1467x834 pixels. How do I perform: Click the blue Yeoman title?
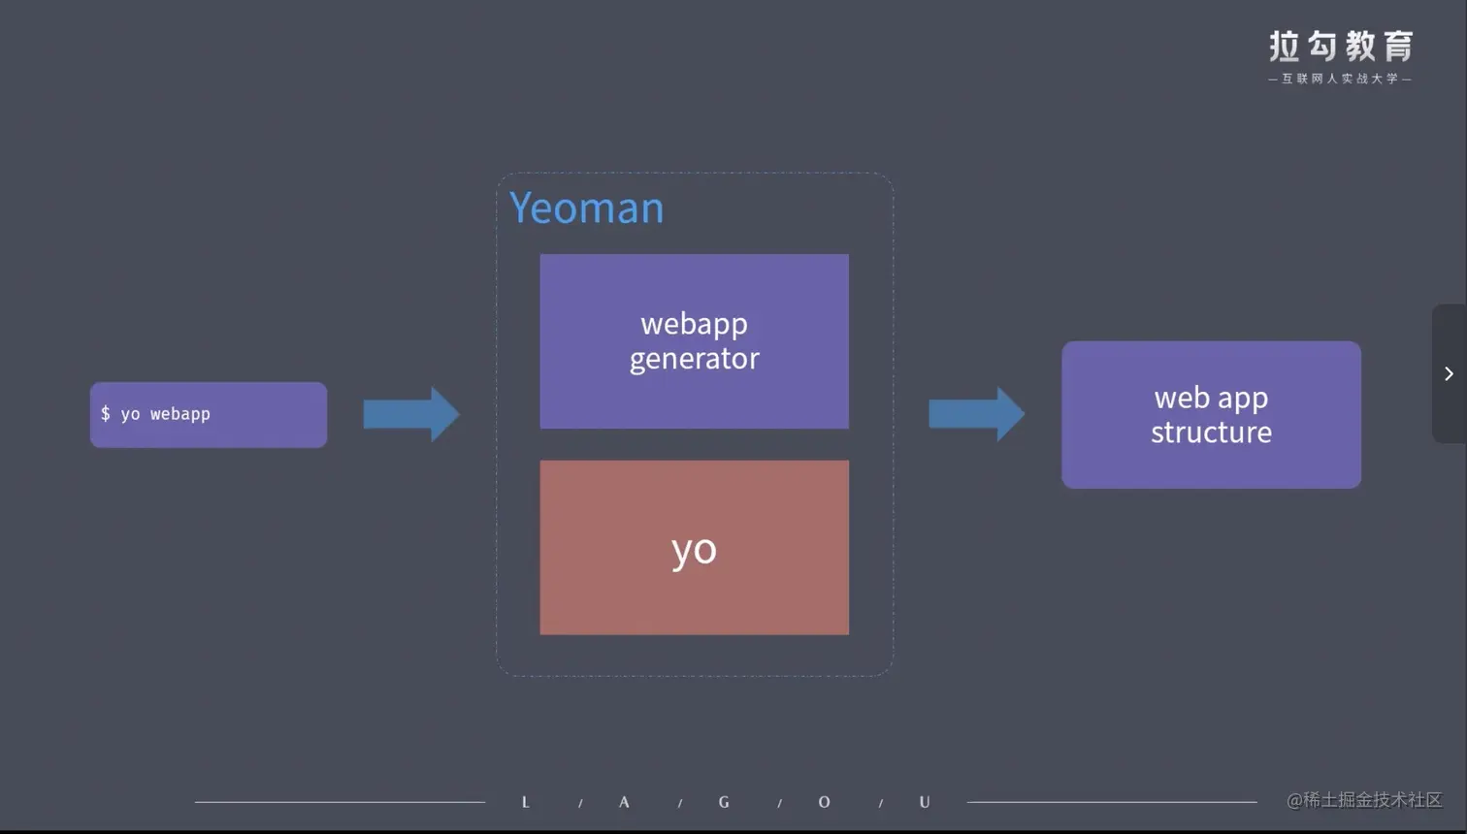(x=586, y=208)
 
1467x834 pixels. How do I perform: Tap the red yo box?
(x=694, y=548)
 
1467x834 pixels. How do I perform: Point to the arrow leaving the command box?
(x=410, y=414)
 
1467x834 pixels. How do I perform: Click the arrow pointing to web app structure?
(x=975, y=414)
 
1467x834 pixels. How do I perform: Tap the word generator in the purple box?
(x=694, y=359)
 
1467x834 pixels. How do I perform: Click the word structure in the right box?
(x=1211, y=432)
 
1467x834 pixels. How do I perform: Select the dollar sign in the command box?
(x=106, y=414)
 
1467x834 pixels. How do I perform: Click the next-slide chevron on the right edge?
(x=1449, y=373)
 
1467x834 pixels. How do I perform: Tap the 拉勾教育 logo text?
(x=1340, y=46)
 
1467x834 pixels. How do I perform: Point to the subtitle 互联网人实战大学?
(x=1340, y=79)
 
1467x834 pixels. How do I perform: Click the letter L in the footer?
(x=526, y=802)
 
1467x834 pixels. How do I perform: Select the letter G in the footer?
(x=724, y=802)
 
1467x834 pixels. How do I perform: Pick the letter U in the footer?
(x=925, y=802)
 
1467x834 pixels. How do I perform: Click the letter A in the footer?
(x=624, y=802)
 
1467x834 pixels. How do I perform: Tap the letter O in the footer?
(x=824, y=802)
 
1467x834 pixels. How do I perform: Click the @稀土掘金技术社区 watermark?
(x=1364, y=800)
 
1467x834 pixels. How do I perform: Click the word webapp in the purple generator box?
(x=694, y=323)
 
